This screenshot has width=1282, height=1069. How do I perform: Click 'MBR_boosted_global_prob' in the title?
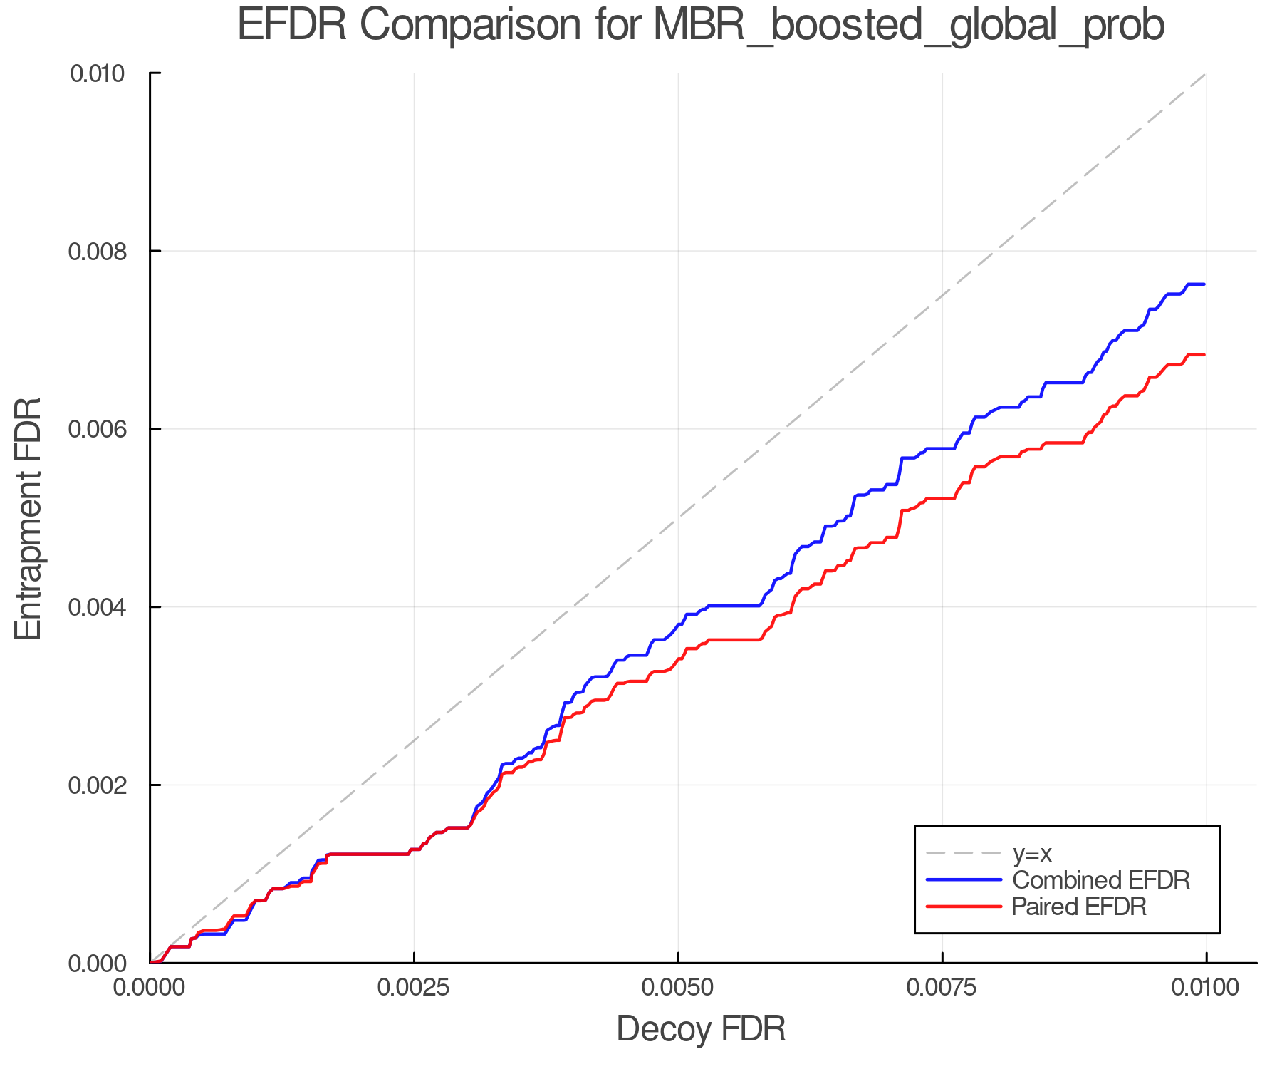[x=908, y=26]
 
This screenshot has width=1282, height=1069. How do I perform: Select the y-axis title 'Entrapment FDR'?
[x=28, y=518]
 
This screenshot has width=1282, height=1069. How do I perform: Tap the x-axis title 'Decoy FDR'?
[x=701, y=1029]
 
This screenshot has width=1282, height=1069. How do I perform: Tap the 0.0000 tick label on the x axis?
[x=150, y=988]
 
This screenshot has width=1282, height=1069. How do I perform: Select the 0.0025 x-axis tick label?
[x=414, y=988]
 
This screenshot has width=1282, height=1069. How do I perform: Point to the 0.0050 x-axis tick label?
[x=678, y=988]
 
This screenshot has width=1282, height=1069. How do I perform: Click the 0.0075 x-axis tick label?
[x=942, y=988]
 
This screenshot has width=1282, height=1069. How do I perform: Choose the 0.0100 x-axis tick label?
[x=1206, y=988]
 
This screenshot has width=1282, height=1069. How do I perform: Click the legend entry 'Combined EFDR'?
[x=1101, y=880]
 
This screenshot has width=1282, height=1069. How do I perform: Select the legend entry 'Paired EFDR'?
[x=1079, y=907]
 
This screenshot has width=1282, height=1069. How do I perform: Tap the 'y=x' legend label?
[x=1032, y=854]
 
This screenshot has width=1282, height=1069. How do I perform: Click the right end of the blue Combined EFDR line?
[x=1204, y=284]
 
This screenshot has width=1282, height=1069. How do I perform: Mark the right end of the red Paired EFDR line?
[x=1204, y=355]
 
